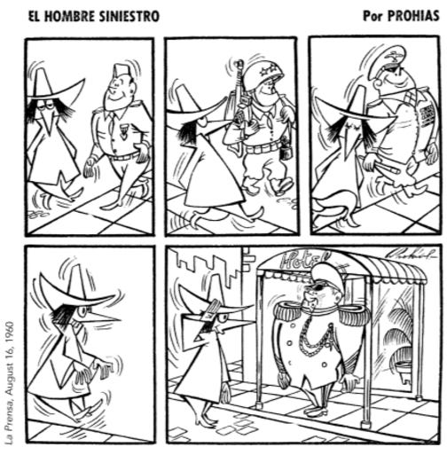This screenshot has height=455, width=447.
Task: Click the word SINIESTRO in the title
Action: point(129,17)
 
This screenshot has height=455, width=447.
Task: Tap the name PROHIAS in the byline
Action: point(413,16)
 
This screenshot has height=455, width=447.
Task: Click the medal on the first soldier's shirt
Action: point(123,130)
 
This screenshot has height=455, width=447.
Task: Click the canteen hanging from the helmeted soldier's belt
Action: point(286,153)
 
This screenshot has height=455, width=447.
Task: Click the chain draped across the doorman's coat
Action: point(317,340)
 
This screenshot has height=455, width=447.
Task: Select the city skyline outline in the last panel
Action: point(207,264)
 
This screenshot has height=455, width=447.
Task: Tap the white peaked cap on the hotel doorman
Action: point(327,277)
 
